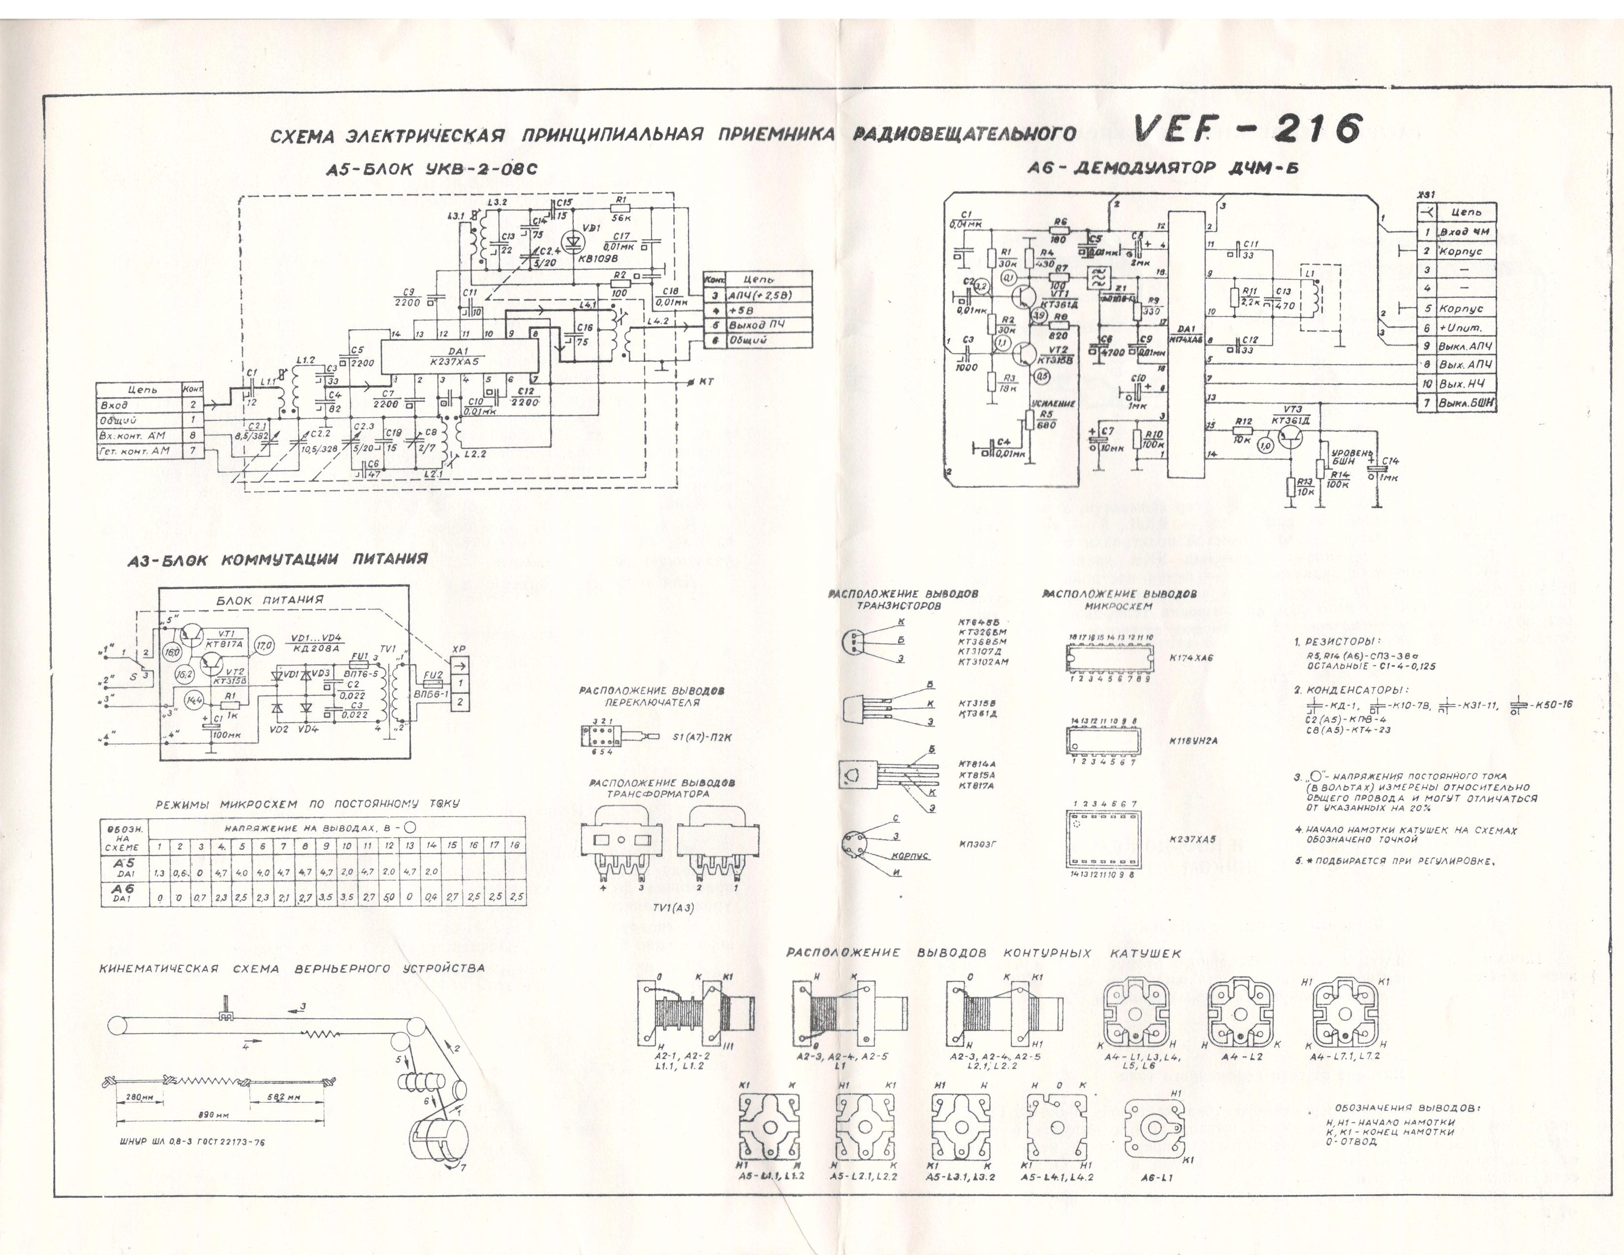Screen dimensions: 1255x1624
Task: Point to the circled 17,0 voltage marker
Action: click(265, 644)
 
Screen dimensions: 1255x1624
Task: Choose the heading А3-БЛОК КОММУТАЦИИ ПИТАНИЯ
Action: click(278, 559)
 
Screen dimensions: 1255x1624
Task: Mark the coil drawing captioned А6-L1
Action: click(1152, 1129)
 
